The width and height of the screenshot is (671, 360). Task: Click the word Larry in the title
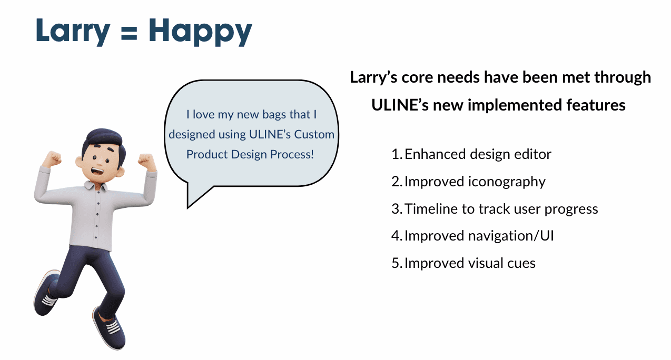pos(73,32)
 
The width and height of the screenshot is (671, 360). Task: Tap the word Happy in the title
pos(200,32)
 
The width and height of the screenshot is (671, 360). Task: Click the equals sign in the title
pos(129,33)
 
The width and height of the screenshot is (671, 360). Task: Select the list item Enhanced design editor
pos(478,154)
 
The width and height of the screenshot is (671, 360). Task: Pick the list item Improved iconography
pos(475,182)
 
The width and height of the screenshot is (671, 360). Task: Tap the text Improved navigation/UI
pos(479,236)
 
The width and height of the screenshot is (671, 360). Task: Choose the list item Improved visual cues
pos(470,263)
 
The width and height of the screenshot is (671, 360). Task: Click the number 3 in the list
pos(395,209)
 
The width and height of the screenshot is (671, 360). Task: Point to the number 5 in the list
pos(395,263)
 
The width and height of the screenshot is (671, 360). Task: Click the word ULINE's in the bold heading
pos(400,105)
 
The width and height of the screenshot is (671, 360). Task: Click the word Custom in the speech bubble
pos(314,134)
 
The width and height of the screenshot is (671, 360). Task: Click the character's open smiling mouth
pos(97,172)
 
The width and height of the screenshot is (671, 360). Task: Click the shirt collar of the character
pos(95,185)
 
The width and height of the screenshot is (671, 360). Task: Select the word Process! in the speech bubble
pos(292,155)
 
